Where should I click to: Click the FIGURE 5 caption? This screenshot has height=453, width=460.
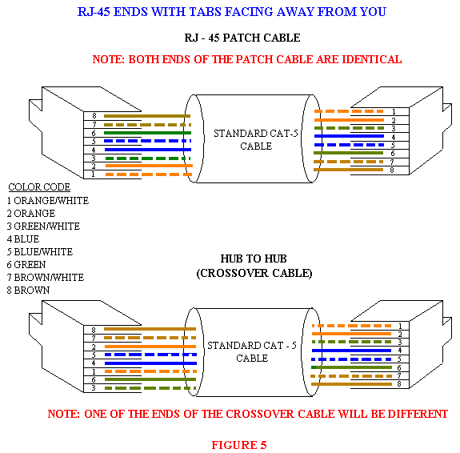[239, 445]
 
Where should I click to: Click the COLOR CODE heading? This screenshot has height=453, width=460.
[39, 187]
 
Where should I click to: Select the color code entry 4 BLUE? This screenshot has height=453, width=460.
[23, 239]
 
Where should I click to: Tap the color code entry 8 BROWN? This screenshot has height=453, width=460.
[28, 290]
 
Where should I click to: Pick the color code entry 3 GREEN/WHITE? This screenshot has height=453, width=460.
[43, 226]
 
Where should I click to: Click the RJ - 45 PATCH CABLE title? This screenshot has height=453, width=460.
[242, 38]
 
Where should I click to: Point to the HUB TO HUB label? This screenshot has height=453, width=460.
[254, 259]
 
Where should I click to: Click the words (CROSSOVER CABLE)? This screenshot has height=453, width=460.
[254, 273]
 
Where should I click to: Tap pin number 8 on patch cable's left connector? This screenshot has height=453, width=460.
[94, 116]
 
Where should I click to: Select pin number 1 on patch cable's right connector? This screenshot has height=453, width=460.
[394, 111]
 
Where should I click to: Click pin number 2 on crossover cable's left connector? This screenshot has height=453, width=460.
[94, 347]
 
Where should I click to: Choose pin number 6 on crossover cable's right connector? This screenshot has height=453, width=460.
[399, 368]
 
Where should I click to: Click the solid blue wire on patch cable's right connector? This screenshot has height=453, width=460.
[349, 136]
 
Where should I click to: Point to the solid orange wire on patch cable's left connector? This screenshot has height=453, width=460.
[149, 166]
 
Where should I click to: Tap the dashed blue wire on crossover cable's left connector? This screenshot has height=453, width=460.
[150, 355]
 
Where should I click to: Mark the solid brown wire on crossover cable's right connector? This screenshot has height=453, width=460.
[351, 384]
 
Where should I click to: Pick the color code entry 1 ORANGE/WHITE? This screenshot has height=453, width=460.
[47, 201]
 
